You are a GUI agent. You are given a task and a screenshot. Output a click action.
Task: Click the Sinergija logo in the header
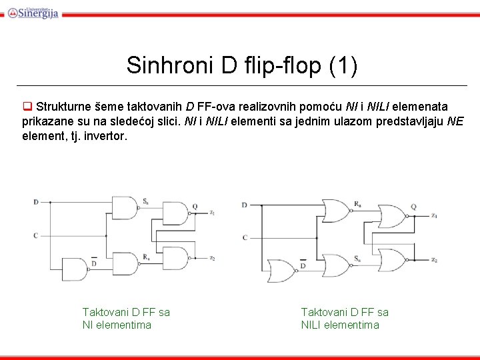(33, 12)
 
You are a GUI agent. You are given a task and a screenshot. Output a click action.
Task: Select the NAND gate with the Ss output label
(124, 207)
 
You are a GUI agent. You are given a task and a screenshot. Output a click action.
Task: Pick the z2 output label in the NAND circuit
(211, 258)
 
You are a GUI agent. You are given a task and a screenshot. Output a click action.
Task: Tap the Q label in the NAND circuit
(195, 206)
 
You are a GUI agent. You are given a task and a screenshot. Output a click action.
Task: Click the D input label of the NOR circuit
(245, 205)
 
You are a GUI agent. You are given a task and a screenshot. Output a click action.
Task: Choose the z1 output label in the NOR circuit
(434, 215)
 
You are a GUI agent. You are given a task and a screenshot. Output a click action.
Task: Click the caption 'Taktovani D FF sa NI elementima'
(125, 318)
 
